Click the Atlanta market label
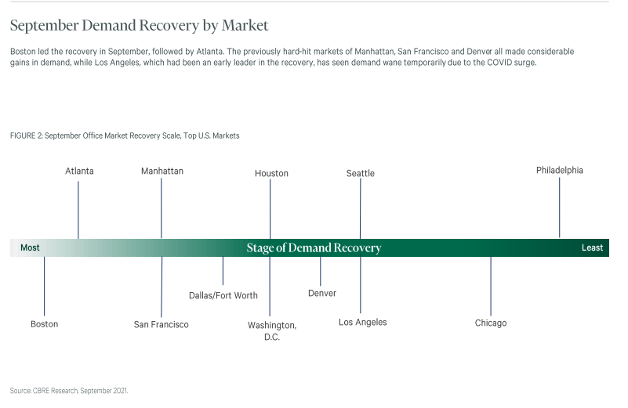click(79, 172)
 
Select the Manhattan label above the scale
click(162, 172)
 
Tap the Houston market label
click(271, 174)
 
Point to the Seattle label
click(361, 174)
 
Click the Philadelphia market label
click(560, 171)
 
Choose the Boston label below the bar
click(45, 324)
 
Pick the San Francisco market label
click(161, 324)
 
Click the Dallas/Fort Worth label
click(223, 295)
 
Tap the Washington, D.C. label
click(272, 331)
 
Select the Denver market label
click(322, 293)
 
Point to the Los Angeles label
click(363, 323)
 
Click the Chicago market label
click(491, 323)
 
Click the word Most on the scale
click(30, 248)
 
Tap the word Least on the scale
click(593, 248)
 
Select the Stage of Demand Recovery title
click(314, 248)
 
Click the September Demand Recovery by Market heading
click(139, 26)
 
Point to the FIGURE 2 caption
click(125, 136)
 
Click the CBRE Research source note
click(69, 391)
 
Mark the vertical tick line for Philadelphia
click(560, 208)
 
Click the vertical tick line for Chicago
click(491, 287)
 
